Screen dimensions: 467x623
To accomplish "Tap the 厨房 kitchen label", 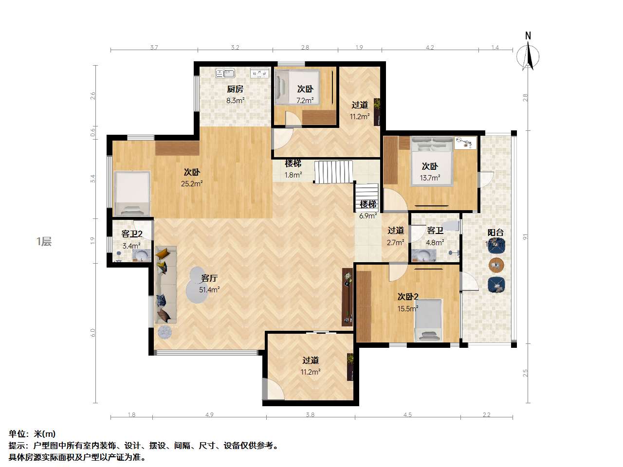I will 235,90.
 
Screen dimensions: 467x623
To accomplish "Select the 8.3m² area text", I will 235,101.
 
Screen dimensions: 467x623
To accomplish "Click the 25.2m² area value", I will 193,183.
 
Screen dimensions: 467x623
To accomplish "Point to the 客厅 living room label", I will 209,278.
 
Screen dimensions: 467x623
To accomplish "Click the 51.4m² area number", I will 209,290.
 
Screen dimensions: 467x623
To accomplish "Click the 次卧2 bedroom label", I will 408,297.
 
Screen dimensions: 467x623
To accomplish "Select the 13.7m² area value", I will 430,178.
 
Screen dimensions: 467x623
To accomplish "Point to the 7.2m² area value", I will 305,101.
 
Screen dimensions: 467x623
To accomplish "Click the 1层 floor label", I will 44,242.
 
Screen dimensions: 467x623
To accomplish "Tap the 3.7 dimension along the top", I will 154,48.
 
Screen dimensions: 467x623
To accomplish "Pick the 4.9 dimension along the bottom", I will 209,415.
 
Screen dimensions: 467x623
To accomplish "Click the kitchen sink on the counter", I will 225,73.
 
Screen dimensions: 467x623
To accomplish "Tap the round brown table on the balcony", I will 496,265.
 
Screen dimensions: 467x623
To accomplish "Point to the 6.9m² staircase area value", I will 368,216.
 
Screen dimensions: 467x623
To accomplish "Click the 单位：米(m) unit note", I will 32,434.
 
